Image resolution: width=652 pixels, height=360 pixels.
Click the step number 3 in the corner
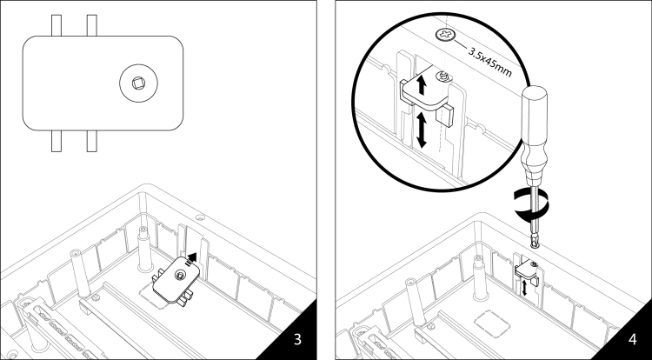pos(298,338)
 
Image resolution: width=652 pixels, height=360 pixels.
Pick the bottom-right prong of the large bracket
pos(91,140)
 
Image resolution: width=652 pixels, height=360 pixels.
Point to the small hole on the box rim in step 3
pos(200,216)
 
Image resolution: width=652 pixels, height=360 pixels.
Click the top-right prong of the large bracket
pos(91,23)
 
